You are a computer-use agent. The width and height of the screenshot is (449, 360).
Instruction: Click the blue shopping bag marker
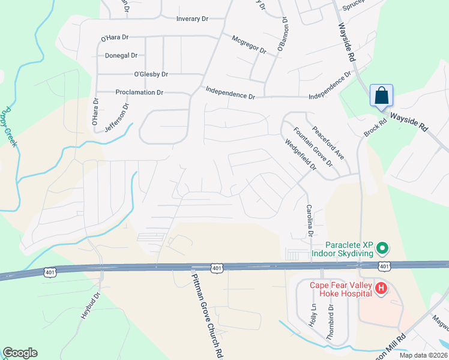[381, 95]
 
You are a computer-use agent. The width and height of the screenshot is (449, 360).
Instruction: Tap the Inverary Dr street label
[192, 19]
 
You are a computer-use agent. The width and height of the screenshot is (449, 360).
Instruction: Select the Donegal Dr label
[121, 55]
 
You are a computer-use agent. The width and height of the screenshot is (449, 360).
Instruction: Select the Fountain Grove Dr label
[313, 147]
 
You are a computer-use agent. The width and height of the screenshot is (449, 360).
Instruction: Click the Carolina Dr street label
[310, 221]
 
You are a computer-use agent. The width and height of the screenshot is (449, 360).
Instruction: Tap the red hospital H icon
[381, 289]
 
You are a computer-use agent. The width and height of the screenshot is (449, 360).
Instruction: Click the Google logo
[20, 353]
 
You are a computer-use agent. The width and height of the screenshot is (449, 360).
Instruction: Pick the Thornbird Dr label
[330, 323]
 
